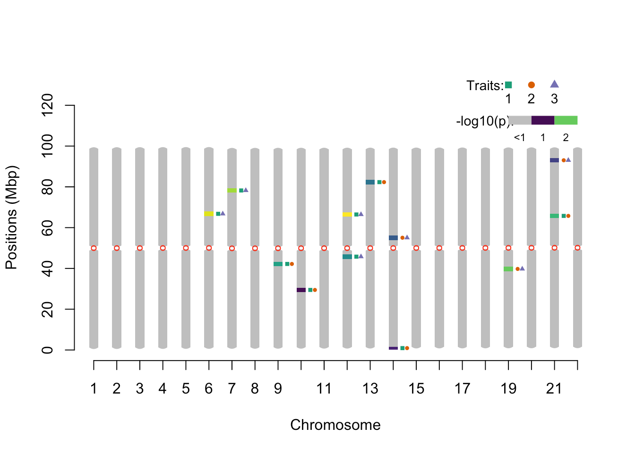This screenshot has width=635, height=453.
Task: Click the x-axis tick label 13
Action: coord(370,389)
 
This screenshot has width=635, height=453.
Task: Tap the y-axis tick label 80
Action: coord(47,187)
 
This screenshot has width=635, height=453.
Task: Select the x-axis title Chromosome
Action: coord(335,425)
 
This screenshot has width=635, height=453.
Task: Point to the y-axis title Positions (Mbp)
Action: coord(11,218)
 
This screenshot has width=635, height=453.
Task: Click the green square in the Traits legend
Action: coord(508,85)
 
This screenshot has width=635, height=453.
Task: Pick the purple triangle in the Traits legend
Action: coord(554,84)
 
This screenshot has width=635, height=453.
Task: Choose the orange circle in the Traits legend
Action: coord(532,85)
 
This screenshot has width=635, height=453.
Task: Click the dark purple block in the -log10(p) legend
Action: coord(542,120)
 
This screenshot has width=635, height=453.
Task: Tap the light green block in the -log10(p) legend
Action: coord(566,120)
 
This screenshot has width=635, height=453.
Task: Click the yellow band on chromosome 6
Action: coord(209,214)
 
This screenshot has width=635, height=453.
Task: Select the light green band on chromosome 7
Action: coord(232,190)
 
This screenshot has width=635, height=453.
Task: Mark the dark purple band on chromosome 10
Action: coord(301,290)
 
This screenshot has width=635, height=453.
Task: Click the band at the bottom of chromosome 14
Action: coord(393,348)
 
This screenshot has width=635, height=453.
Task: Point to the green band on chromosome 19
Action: coord(508,269)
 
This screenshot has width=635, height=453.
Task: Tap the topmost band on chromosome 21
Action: coord(554,160)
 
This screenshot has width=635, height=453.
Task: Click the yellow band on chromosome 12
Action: coord(347,214)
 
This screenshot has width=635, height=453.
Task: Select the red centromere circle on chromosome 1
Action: coord(94,248)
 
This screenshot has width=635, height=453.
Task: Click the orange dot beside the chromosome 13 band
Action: coord(384,182)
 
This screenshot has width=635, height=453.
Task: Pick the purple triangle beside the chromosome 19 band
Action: coord(522,268)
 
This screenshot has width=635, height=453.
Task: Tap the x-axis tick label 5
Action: coord(186,389)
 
